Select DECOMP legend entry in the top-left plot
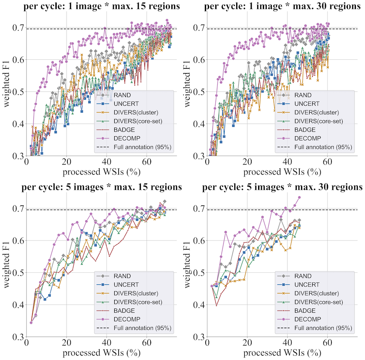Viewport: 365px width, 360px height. (128, 138)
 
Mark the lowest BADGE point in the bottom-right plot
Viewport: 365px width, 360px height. (217, 305)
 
